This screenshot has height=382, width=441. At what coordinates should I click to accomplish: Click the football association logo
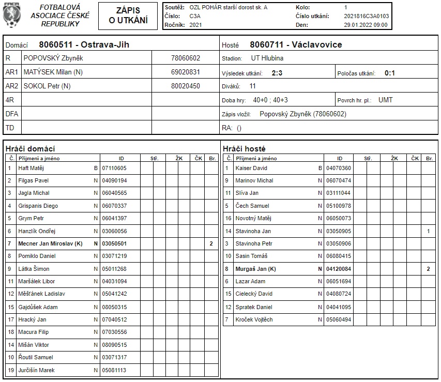[x=10, y=16]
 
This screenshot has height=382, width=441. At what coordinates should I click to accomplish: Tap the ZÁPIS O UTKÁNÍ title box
[x=128, y=16]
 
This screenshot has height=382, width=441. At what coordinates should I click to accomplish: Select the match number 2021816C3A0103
[x=366, y=16]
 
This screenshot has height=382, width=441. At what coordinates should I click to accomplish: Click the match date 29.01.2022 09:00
[x=365, y=25]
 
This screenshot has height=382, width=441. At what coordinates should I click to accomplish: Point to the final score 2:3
[x=277, y=73]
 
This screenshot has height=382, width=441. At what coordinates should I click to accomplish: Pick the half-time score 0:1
[x=389, y=73]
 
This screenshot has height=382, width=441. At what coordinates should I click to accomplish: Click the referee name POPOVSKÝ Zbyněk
[x=53, y=58]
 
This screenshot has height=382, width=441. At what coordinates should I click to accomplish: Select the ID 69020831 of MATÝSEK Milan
[x=185, y=72]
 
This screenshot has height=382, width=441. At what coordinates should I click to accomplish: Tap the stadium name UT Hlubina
[x=267, y=58]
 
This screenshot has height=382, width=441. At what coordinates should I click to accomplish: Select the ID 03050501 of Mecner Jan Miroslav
[x=114, y=243]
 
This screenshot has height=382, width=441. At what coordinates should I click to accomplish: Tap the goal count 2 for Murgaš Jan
[x=428, y=269]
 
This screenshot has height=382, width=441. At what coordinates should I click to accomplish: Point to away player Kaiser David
[x=251, y=168]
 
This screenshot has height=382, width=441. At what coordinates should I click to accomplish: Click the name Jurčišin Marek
[x=36, y=370]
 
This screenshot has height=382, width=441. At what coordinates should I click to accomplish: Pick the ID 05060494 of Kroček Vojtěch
[x=339, y=319]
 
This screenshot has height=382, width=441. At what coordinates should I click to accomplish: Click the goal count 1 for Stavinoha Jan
[x=428, y=231]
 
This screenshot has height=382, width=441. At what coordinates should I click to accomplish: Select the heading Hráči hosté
[x=244, y=149]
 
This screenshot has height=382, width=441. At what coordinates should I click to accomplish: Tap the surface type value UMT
[x=386, y=100]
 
